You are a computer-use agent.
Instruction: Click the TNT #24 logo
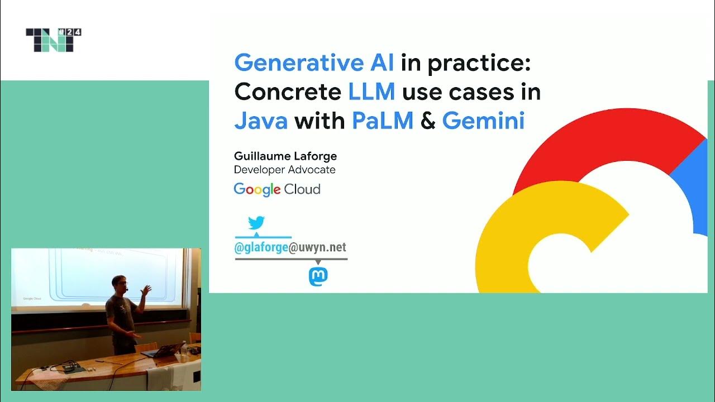[x=54, y=40]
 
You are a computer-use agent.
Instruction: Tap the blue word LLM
[x=371, y=92]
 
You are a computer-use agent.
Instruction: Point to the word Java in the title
[x=261, y=121]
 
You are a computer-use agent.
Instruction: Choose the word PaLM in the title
[x=383, y=121]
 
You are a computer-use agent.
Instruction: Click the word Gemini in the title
[x=483, y=121]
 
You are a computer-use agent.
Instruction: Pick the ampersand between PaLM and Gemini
[x=428, y=121]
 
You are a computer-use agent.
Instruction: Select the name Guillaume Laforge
[x=285, y=156]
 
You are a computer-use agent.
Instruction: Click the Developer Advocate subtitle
[x=285, y=169]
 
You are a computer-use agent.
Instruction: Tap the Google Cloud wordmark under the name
[x=277, y=189]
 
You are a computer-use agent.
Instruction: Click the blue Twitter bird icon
[x=256, y=223]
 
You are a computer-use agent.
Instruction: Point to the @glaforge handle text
[x=261, y=248]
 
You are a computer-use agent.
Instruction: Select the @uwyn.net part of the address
[x=317, y=248]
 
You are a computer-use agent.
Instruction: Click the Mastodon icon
[x=318, y=276]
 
